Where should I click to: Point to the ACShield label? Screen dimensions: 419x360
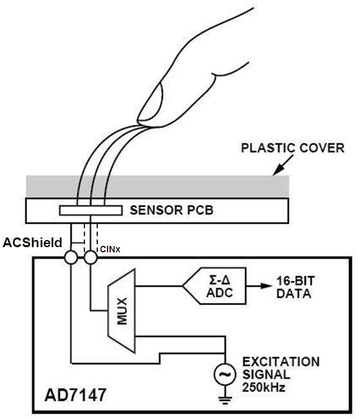pos(33,243)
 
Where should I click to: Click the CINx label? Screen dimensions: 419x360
pos(109,248)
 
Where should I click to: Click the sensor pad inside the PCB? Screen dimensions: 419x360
pos(90,210)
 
